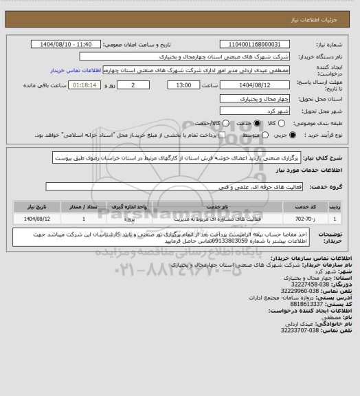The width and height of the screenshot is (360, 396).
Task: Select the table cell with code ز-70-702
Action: click(303, 219)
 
